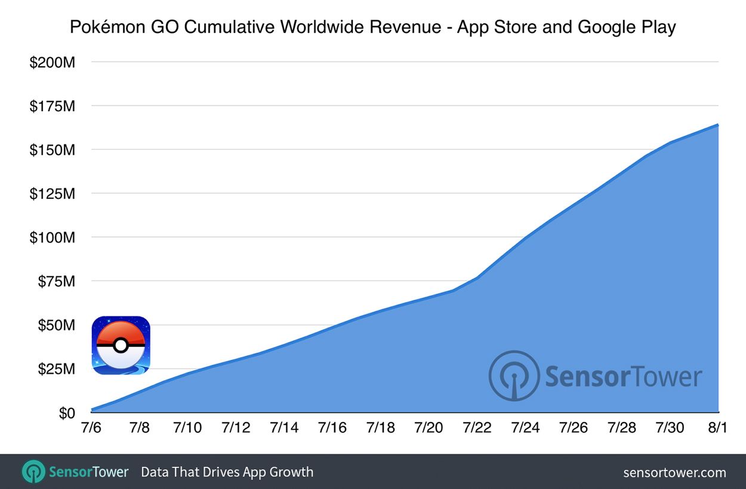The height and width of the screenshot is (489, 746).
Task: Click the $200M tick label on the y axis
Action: point(52,62)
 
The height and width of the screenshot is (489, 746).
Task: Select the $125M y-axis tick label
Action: point(52,193)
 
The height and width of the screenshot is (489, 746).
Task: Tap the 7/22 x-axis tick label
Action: point(477,428)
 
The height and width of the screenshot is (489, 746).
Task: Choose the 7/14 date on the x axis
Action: point(284,428)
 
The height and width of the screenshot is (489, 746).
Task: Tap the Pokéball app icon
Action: point(121,346)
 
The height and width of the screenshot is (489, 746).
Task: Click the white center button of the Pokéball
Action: point(121,345)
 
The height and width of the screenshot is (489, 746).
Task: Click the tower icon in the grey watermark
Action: point(513,376)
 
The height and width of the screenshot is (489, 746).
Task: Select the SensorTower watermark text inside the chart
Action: point(623,377)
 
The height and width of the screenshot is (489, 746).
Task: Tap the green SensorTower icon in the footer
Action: point(33,472)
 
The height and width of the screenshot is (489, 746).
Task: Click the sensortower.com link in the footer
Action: point(674,472)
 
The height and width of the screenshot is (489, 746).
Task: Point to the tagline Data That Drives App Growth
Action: point(227,472)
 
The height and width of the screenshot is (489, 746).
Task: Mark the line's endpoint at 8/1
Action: point(718,125)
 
